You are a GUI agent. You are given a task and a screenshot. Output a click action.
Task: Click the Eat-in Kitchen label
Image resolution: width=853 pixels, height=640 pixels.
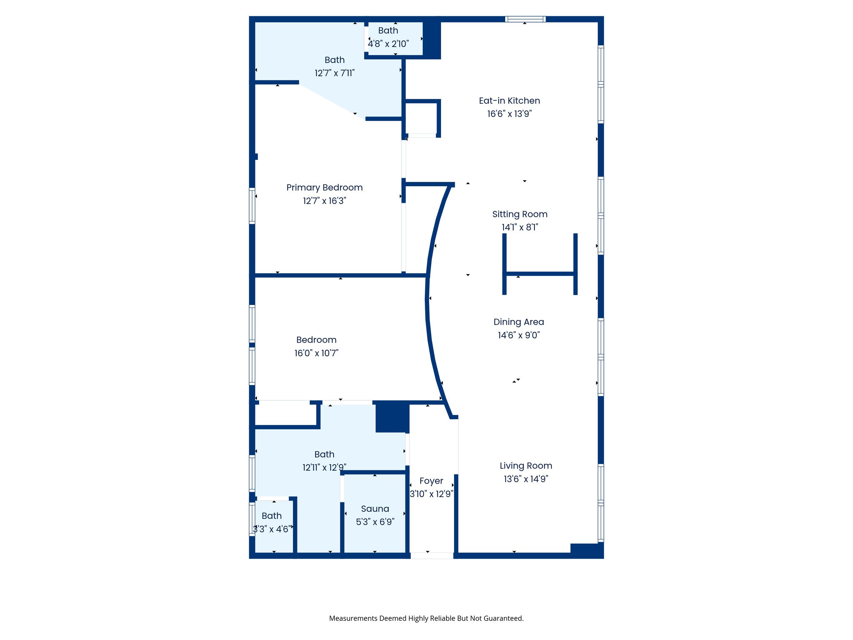(509, 100)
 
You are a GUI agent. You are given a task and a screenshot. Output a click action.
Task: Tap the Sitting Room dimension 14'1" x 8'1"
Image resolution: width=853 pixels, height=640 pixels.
(519, 227)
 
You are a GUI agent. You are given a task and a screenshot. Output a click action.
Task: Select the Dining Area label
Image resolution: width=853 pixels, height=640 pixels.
(519, 322)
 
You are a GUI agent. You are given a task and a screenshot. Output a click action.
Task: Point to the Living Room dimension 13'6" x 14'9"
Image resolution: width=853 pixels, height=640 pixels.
(526, 479)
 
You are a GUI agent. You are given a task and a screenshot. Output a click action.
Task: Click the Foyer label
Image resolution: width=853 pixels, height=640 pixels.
(431, 481)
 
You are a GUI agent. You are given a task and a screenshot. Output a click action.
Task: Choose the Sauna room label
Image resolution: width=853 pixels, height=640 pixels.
(375, 509)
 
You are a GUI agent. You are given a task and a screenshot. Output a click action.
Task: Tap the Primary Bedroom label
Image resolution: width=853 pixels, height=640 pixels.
(324, 187)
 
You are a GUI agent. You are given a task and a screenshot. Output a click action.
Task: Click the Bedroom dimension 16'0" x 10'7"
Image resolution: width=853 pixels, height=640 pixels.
(316, 353)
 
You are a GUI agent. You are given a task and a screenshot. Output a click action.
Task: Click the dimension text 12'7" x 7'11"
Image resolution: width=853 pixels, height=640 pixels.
(334, 73)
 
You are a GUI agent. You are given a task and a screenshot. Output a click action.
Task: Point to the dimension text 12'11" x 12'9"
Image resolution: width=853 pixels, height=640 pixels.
(324, 467)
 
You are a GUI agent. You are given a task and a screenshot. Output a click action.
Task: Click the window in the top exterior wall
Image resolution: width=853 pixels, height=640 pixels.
(525, 19)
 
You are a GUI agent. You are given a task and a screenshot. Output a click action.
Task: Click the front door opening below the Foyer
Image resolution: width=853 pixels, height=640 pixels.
(431, 555)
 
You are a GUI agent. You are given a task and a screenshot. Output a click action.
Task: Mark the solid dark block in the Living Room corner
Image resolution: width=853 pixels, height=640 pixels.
(586, 550)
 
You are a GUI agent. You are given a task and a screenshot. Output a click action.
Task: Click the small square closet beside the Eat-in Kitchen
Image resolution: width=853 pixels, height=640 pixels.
(421, 118)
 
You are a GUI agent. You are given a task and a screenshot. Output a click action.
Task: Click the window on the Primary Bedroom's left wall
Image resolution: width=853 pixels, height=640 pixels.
(252, 206)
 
